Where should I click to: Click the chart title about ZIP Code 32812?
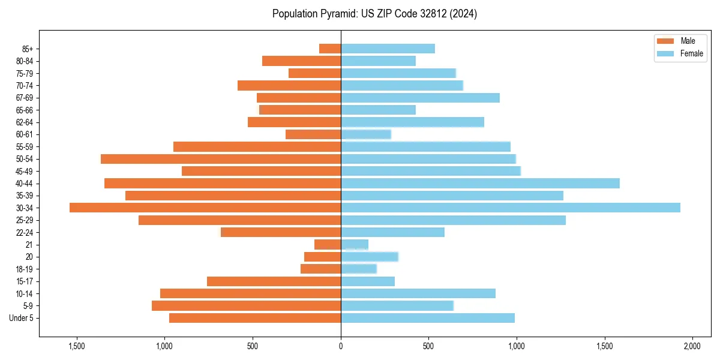tap(374, 14)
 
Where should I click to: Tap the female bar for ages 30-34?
tap(510, 208)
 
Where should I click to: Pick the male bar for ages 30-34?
tap(205, 208)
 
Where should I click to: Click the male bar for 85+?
tap(330, 49)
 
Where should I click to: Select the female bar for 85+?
tap(388, 49)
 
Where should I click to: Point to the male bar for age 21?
tap(328, 244)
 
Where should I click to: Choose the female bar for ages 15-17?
tap(368, 281)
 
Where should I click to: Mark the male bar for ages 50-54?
tap(221, 159)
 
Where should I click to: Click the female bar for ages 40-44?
tap(480, 183)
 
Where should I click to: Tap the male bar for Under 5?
tap(255, 318)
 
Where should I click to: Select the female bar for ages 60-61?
tap(366, 134)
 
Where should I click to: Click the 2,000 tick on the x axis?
tap(692, 346)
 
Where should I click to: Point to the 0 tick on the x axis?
tap(341, 346)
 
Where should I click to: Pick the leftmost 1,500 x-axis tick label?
tap(77, 346)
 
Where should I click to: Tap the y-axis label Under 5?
tap(22, 318)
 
